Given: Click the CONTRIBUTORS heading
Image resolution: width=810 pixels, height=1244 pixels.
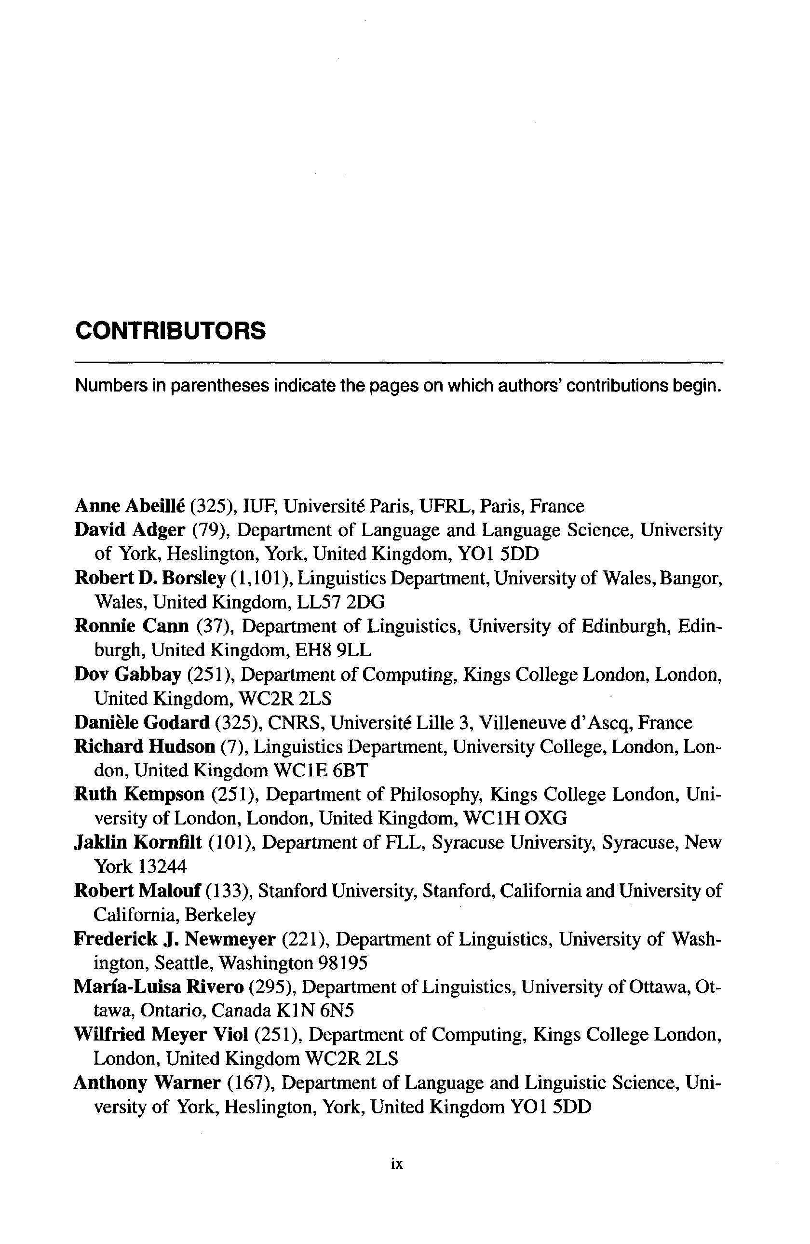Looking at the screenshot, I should point(170,331).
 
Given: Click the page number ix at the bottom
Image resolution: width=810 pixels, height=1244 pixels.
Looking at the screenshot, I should point(397,1164).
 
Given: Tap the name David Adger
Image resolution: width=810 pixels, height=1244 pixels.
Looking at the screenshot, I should point(130,530).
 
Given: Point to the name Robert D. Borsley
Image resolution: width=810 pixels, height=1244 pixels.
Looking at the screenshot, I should point(150,578).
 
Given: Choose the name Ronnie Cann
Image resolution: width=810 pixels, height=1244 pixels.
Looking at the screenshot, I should point(131,626).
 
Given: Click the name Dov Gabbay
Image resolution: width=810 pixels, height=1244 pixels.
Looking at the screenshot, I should point(127,674).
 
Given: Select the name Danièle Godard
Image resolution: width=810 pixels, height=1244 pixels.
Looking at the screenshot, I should point(142,722).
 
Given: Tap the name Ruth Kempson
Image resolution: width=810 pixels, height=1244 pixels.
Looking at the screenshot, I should point(139,795).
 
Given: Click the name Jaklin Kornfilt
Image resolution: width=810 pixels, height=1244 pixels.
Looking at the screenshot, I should point(138,842).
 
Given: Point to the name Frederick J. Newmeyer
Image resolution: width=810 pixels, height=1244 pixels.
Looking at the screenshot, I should point(175,939).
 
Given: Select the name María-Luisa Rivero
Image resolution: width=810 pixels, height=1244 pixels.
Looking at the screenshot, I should point(159,987).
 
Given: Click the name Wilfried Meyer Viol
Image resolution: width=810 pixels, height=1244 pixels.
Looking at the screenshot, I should point(161,1034).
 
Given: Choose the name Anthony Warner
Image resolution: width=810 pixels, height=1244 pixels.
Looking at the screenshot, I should point(147,1082).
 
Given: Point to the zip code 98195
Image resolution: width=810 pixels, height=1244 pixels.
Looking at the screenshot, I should point(342,962).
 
